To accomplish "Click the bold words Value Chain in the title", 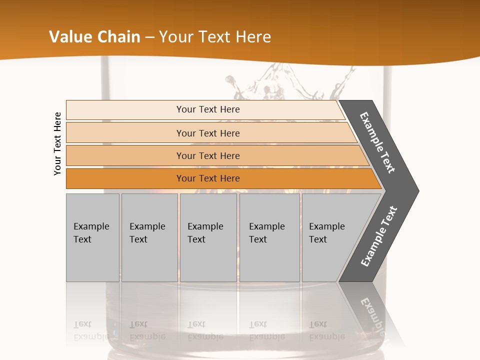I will (94, 37).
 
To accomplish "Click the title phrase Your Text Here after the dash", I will (214, 37).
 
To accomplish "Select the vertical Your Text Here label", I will (57, 143).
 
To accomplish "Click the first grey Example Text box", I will (92, 237).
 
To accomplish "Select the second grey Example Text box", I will (149, 237).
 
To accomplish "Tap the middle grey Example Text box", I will (208, 237).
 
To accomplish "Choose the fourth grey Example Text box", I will (269, 237).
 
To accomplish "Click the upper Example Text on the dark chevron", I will (378, 142).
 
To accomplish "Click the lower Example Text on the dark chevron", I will (379, 236).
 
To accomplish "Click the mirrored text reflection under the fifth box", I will (326, 330).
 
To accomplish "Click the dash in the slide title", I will (149, 37).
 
